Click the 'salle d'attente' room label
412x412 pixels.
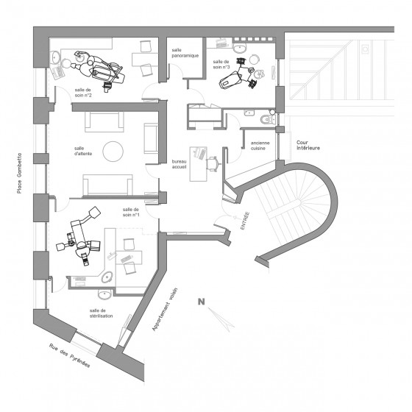(x=83, y=151)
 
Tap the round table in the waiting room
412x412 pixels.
(x=113, y=152)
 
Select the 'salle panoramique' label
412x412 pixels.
(x=185, y=53)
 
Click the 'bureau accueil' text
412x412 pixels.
(x=179, y=164)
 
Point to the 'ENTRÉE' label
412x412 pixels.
(x=245, y=221)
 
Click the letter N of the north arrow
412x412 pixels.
(x=202, y=302)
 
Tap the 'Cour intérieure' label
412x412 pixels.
(x=308, y=146)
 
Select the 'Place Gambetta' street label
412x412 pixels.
(x=19, y=173)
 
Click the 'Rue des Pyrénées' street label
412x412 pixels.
(x=70, y=355)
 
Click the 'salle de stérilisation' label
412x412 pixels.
(x=102, y=313)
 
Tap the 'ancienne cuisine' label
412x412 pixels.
(x=260, y=146)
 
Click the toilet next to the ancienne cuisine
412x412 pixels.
(x=267, y=119)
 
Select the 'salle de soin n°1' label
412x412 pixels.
(x=131, y=213)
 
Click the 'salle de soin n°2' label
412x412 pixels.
(x=83, y=93)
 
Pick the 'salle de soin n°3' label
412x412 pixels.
(x=221, y=65)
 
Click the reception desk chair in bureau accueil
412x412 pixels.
(x=213, y=163)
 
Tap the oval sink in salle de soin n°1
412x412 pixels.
(x=107, y=277)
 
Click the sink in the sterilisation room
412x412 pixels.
(x=104, y=294)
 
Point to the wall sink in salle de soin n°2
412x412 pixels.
(x=55, y=57)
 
